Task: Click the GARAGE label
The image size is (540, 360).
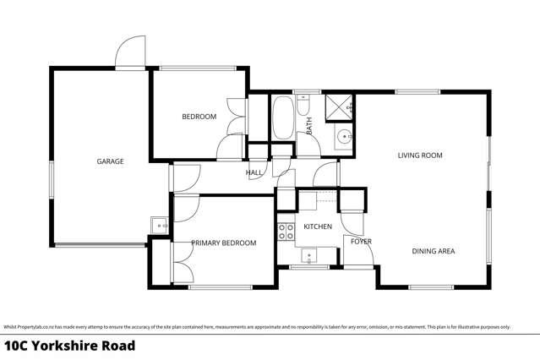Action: (111, 161)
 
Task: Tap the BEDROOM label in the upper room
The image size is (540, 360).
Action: (199, 117)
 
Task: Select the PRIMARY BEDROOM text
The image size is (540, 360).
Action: (223, 243)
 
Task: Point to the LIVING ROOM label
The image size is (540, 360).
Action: (421, 155)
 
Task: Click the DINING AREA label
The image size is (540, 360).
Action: (434, 251)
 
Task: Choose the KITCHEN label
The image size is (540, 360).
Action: (318, 227)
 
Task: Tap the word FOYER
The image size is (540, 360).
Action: (361, 243)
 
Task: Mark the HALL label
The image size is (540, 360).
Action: (254, 172)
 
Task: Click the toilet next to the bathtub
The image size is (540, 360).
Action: (305, 105)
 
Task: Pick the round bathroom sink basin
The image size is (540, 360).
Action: (343, 138)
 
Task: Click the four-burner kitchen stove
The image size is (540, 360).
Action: (286, 230)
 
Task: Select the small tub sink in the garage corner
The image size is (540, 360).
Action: (157, 225)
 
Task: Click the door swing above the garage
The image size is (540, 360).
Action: (130, 52)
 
